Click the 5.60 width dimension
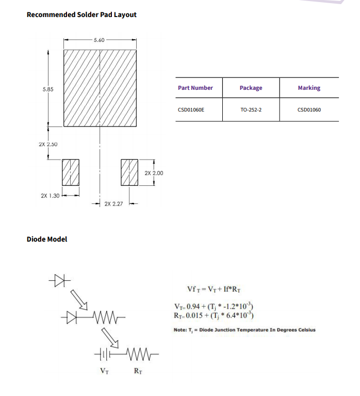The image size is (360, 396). point(99,40)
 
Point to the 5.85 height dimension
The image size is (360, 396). point(48,89)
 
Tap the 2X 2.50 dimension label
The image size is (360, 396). point(48,144)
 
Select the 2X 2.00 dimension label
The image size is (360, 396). point(154,173)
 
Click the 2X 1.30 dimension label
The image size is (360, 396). point(50,196)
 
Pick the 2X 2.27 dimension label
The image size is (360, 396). point(113,204)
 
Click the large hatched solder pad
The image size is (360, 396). point(100,88)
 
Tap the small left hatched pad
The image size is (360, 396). point(71,172)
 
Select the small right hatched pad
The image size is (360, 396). point(129,172)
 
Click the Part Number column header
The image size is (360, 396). point(195,88)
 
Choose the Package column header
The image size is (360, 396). point(251,88)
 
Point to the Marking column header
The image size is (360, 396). point(309,88)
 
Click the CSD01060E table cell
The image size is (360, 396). point(191,110)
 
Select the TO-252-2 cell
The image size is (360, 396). point(251,110)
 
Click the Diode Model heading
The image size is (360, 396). point(47,239)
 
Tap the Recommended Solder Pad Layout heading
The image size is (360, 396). point(81,14)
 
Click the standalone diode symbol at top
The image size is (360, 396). point(60,280)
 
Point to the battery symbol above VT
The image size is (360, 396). point(104,354)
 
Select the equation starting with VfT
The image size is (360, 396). point(214,289)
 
